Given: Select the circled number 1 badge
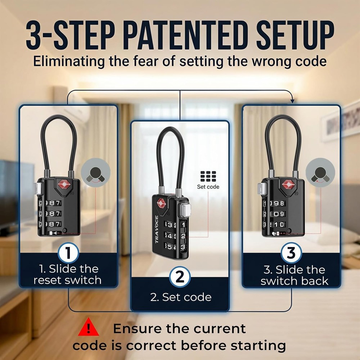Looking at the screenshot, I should click(x=68, y=253).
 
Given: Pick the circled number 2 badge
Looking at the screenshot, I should click(x=180, y=277).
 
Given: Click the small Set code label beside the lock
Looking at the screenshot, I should click(x=208, y=187).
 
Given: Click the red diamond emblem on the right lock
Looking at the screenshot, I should click(x=288, y=185).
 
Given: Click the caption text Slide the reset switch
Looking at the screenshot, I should click(x=68, y=274).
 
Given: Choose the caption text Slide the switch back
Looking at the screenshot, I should click(x=294, y=275).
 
